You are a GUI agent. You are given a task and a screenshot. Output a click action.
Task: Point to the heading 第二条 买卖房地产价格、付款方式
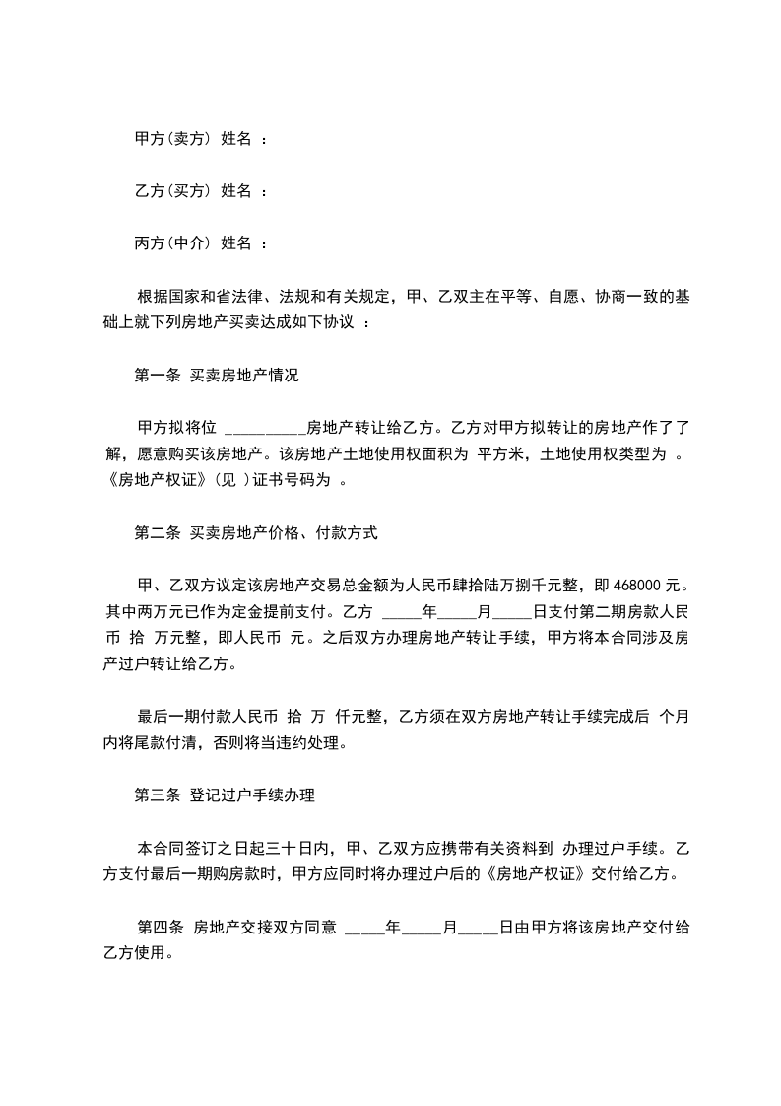tap(256, 533)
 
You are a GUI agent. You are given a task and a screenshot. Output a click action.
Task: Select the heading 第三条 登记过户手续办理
tap(224, 794)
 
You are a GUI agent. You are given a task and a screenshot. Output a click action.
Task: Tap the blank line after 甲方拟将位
tap(266, 428)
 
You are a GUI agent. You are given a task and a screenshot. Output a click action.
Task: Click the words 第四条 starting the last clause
tap(161, 928)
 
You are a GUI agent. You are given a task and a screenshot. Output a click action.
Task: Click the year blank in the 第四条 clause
tap(364, 928)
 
